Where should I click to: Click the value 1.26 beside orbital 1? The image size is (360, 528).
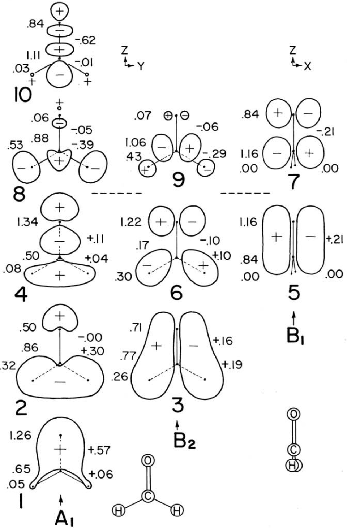coord(20,436)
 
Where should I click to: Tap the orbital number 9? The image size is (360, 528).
coord(179,179)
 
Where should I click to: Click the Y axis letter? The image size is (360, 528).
coord(140,66)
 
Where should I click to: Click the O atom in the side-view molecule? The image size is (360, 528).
coord(294,414)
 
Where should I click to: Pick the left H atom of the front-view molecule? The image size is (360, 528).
coord(118,510)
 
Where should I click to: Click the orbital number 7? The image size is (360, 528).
coord(293,180)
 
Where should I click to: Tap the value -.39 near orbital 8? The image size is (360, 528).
coord(85,145)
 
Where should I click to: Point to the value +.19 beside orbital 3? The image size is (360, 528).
coord(232,364)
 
